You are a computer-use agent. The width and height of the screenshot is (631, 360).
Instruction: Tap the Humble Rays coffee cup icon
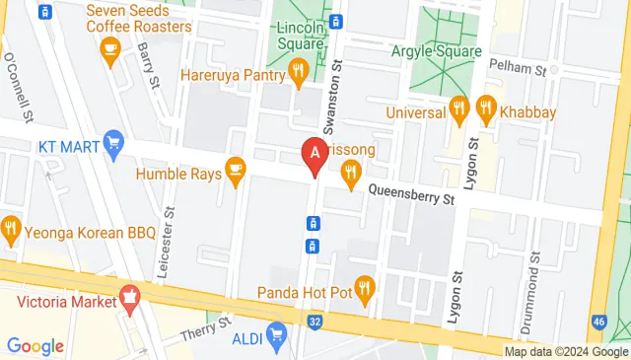coord(235,169)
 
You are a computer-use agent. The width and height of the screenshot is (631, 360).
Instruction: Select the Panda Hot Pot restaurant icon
coord(364,288)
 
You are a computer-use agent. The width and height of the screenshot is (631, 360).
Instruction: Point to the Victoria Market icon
coord(129,297)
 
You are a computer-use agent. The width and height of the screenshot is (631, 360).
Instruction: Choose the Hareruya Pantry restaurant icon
coord(299,70)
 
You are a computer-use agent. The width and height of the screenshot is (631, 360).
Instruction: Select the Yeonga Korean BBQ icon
coord(11,230)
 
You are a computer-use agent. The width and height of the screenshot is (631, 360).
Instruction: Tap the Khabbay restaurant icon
coord(485,107)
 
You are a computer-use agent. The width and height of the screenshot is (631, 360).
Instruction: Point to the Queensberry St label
coord(411,195)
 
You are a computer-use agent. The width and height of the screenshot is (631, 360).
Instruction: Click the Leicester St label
coord(170,240)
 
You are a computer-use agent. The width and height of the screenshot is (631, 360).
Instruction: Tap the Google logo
coord(35,345)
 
